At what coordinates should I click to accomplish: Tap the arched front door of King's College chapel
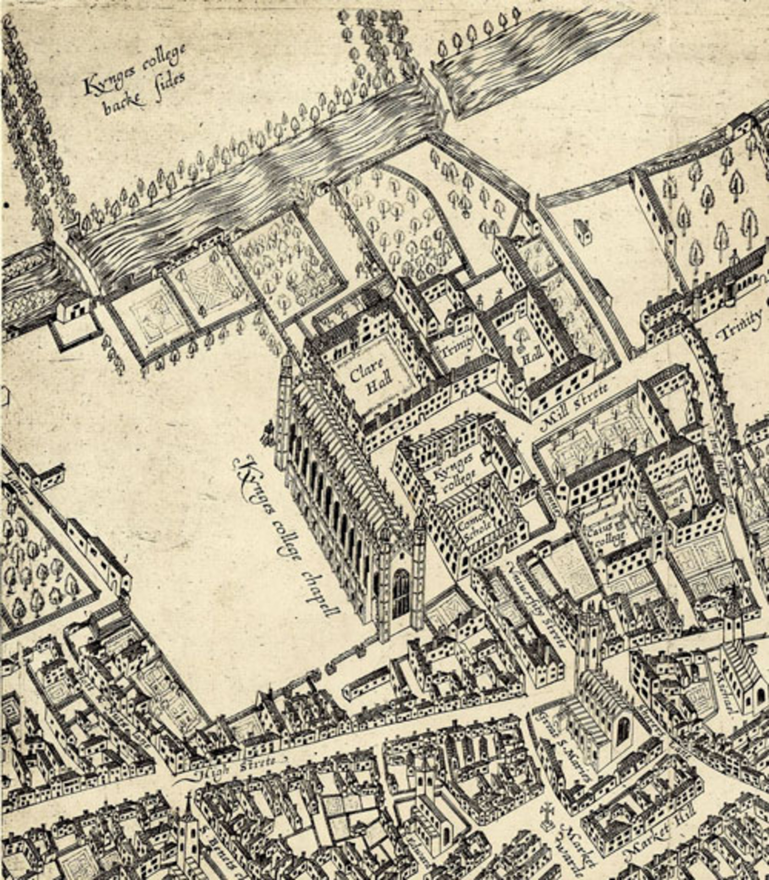[x=401, y=593]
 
